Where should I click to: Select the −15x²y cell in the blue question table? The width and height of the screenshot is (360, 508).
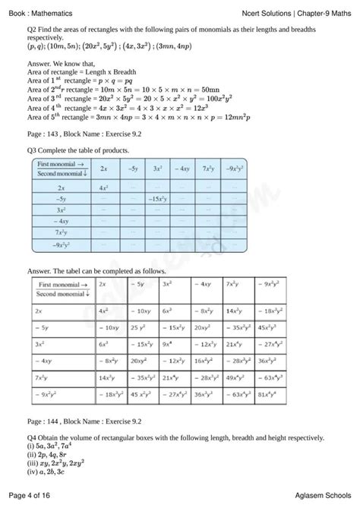point(158,197)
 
